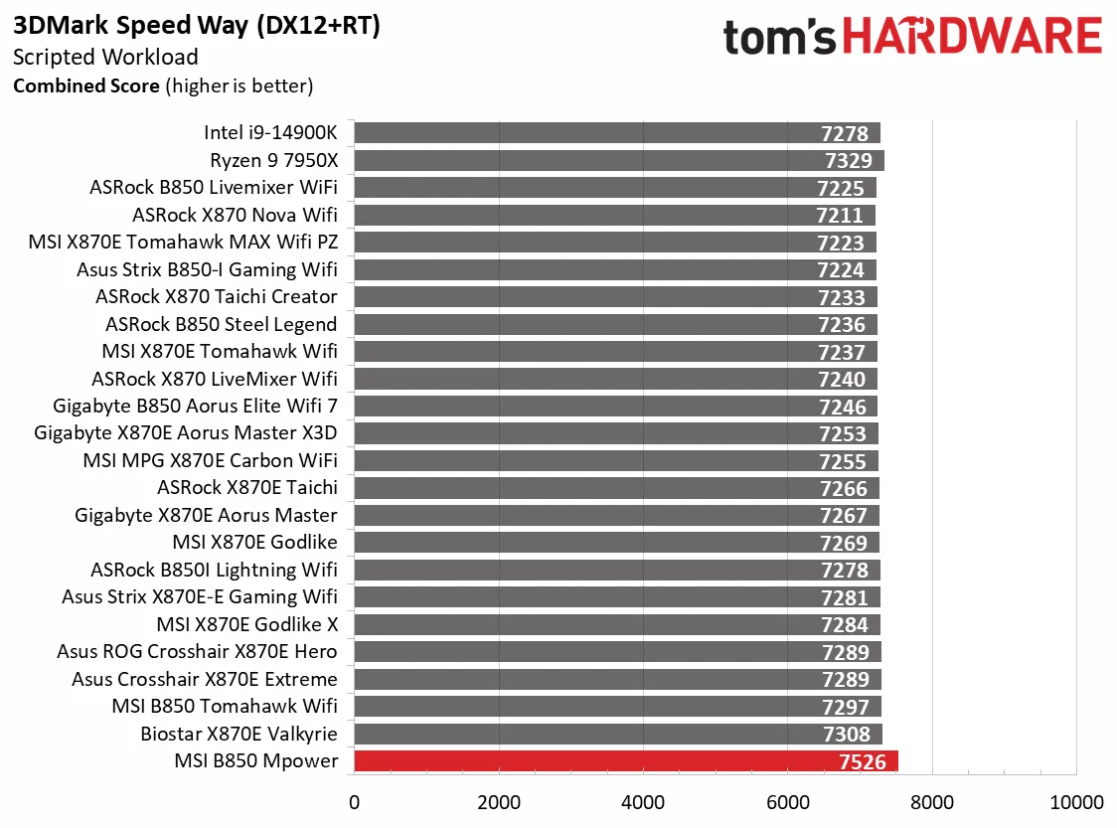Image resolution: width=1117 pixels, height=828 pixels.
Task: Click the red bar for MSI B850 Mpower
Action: (x=625, y=761)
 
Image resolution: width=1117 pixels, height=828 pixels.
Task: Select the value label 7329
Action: (x=847, y=161)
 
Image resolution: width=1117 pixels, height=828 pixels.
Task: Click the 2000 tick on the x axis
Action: (x=499, y=802)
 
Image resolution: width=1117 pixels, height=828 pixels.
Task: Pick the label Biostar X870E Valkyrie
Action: (x=239, y=734)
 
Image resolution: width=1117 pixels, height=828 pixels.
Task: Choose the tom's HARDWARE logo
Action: (x=912, y=38)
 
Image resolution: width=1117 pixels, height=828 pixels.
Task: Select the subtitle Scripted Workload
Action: (x=105, y=57)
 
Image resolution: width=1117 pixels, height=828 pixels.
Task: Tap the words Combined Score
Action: (x=85, y=85)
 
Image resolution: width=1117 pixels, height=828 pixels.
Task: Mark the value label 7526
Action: (x=861, y=761)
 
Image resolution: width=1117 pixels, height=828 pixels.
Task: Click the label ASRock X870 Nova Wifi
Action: (x=235, y=215)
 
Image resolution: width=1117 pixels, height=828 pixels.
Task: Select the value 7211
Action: (x=840, y=216)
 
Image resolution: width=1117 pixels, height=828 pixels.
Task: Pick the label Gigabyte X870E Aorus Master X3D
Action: (x=185, y=432)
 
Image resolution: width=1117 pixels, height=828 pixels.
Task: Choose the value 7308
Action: (x=845, y=735)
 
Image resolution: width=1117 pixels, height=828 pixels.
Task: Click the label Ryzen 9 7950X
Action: (x=273, y=160)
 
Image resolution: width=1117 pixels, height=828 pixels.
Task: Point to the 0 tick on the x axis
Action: (x=354, y=802)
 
